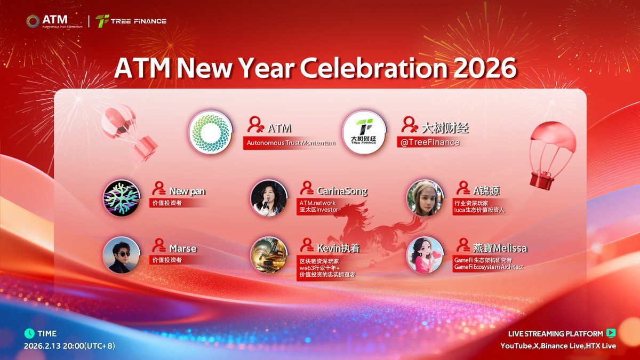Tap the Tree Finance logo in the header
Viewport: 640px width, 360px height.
[x=131, y=21]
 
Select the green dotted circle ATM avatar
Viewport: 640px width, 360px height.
[x=211, y=132]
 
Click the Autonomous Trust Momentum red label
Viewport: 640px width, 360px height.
[x=291, y=143]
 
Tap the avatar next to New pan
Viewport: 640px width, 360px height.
[x=122, y=198]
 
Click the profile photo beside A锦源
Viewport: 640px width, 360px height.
[x=425, y=198]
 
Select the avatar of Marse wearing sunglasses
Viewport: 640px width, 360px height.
[x=122, y=255]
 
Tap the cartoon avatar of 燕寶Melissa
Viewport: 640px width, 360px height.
[x=425, y=255]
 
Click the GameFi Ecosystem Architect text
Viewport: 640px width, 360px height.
[x=489, y=267]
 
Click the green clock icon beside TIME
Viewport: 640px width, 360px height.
[x=30, y=333]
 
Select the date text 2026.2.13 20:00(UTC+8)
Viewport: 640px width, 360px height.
[x=69, y=346]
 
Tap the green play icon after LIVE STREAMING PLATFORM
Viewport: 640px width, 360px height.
[x=611, y=333]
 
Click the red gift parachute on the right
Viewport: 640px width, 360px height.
[x=552, y=155]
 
